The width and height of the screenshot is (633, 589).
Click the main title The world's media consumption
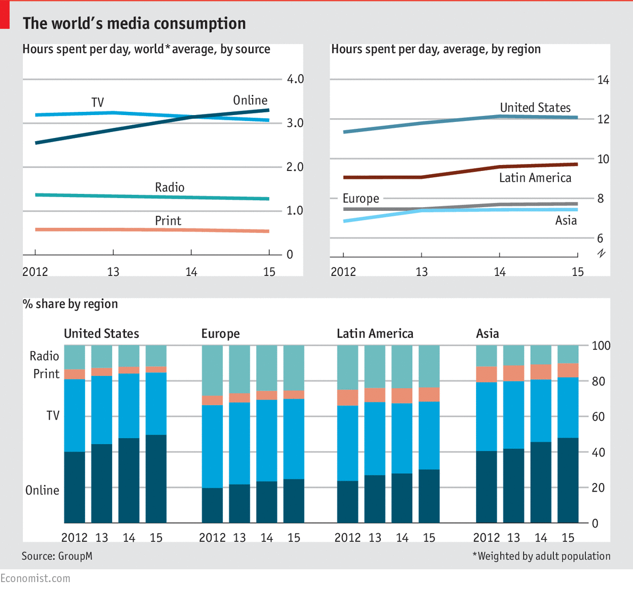(134, 23)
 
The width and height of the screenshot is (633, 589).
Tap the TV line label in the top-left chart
(97, 102)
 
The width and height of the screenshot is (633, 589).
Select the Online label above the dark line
(250, 100)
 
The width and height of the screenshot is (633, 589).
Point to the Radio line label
(170, 187)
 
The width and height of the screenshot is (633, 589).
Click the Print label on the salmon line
(168, 220)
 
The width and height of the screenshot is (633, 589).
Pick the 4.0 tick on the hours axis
(295, 79)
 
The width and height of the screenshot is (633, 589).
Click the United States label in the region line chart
(535, 108)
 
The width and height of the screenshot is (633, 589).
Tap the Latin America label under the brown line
(535, 178)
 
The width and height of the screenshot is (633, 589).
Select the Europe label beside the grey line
(361, 199)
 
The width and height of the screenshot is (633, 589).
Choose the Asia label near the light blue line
(566, 220)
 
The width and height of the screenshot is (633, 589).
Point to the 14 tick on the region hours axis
(603, 80)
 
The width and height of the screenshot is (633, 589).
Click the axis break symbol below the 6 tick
(601, 253)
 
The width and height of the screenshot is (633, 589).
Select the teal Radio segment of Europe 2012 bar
(212, 370)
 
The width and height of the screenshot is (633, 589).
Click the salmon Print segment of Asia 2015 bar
(568, 370)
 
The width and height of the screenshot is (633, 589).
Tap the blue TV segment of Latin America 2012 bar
(348, 443)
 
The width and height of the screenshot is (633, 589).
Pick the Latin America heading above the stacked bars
(375, 333)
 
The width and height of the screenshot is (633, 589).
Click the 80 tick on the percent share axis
(598, 381)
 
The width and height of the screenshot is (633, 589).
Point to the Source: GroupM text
(57, 556)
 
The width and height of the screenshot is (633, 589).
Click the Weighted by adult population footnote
(542, 556)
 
